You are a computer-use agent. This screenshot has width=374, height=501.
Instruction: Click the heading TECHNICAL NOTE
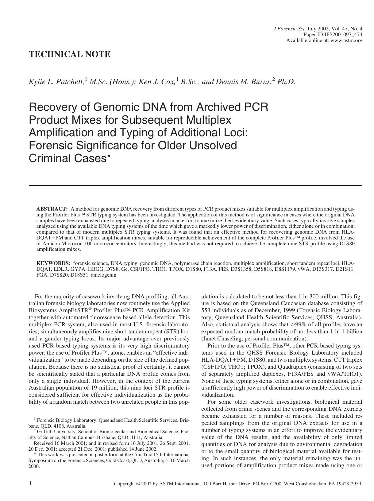tap(69, 54)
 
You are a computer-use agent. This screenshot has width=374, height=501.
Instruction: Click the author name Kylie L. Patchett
tap(56, 82)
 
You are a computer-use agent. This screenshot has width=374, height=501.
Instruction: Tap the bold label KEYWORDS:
tap(53, 263)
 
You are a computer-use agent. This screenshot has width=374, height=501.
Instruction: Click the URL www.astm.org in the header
tap(346, 41)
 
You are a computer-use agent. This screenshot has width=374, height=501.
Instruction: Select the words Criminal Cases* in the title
tap(69, 158)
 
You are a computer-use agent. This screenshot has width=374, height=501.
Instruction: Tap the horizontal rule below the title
tap(195, 185)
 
